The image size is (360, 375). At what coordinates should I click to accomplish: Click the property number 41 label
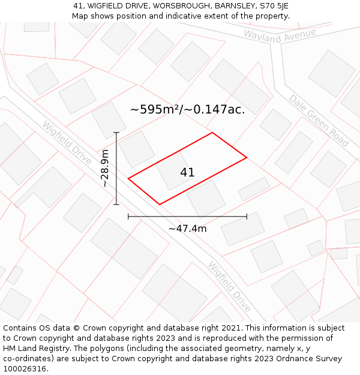tap(187, 173)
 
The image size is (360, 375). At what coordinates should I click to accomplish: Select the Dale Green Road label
tap(319, 121)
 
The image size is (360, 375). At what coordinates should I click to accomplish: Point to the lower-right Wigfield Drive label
tap(229, 287)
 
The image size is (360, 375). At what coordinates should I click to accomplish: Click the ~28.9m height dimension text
tap(105, 169)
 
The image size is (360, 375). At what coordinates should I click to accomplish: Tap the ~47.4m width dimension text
tap(187, 229)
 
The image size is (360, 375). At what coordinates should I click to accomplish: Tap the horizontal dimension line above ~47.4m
tap(187, 216)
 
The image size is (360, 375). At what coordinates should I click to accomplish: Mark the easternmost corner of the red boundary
tap(247, 158)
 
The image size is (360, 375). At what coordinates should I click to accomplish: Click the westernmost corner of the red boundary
tap(128, 178)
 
